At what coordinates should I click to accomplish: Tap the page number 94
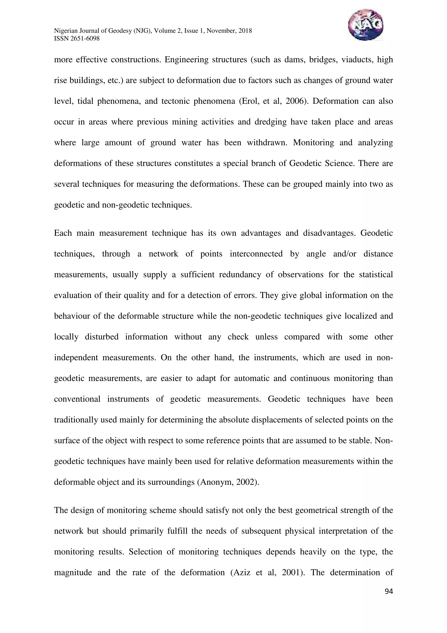[x=389, y=591]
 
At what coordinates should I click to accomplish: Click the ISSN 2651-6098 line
[x=77, y=39]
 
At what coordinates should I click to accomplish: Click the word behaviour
[x=72, y=316]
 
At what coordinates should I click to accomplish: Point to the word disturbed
[x=102, y=337]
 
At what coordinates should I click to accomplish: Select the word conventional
[x=77, y=399]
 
